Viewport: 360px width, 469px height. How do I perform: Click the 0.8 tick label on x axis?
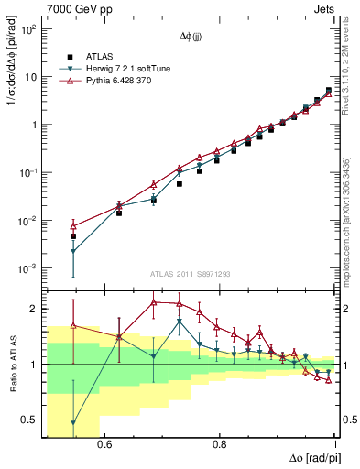(220, 444)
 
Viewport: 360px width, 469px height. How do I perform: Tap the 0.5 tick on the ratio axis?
(29, 420)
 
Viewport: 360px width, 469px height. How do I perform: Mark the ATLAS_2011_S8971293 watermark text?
(190, 275)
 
